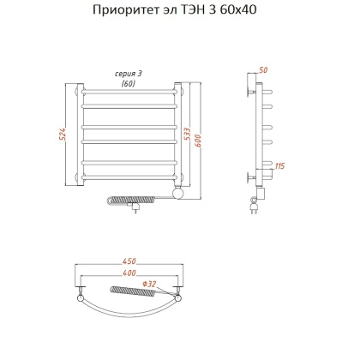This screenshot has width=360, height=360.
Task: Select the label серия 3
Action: [129, 75]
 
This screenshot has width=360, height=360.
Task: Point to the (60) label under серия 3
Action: [129, 83]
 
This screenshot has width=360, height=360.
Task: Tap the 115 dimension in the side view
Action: [280, 165]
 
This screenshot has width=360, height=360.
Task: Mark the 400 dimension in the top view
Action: [129, 273]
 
